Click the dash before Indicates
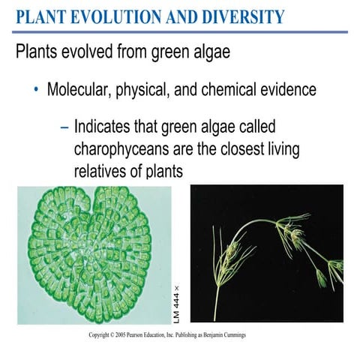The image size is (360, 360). [x=64, y=125]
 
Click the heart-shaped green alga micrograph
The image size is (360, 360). [x=94, y=254]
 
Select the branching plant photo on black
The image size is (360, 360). [x=266, y=254]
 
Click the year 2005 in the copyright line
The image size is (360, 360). [x=119, y=334]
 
